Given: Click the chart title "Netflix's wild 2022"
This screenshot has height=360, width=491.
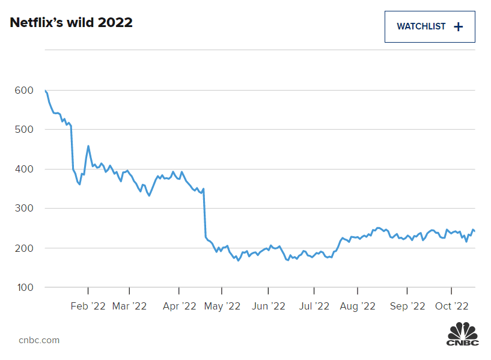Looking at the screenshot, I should [x=71, y=23].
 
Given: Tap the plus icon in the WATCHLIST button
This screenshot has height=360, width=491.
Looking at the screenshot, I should [x=458, y=26].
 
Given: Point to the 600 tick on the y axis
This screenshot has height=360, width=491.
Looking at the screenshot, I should [x=23, y=90].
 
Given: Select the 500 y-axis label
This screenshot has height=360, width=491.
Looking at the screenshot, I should [x=23, y=129].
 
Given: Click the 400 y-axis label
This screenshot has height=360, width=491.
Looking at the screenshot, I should [x=23, y=169].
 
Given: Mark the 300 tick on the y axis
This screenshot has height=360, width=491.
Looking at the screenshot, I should [x=23, y=209].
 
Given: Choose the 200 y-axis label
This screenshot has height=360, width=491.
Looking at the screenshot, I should [x=23, y=248].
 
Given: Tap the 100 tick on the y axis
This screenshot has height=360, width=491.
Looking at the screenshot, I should [x=23, y=287].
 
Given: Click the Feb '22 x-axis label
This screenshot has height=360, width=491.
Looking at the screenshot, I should [x=88, y=306].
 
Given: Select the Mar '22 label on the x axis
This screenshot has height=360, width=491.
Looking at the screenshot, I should [x=130, y=306].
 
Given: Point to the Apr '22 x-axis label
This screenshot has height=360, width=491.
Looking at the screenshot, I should [x=180, y=306].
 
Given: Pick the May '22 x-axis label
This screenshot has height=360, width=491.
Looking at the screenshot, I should [x=222, y=306].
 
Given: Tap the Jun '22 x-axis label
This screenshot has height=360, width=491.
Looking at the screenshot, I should [x=269, y=306].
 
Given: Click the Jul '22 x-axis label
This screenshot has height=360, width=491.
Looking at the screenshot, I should [x=314, y=306].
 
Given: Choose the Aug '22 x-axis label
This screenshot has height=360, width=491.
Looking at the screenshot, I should [x=358, y=306].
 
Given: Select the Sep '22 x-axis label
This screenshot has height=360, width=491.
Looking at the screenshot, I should [x=407, y=306].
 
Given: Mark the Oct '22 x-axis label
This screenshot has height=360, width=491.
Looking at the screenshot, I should [x=451, y=306].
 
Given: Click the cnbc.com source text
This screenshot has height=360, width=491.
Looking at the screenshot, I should [x=39, y=340].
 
